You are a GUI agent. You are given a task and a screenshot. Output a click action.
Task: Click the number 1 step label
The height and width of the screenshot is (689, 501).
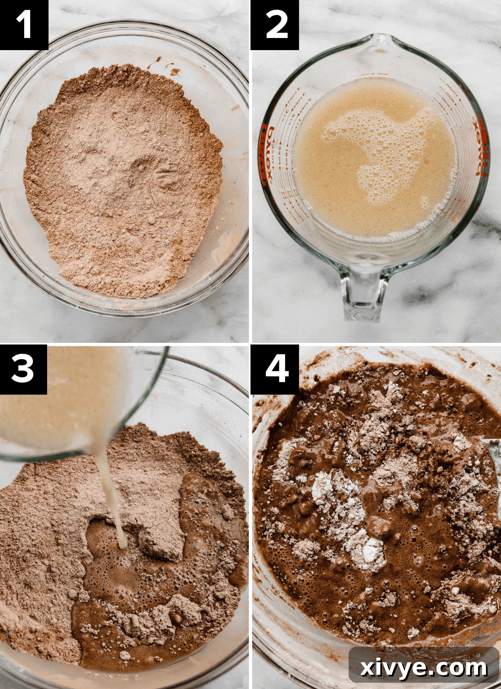pos(24,25)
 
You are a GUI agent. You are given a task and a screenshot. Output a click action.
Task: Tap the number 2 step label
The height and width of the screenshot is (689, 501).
pos(276,25)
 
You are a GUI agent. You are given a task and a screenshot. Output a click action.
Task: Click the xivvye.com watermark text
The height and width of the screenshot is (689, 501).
pos(423,667)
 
